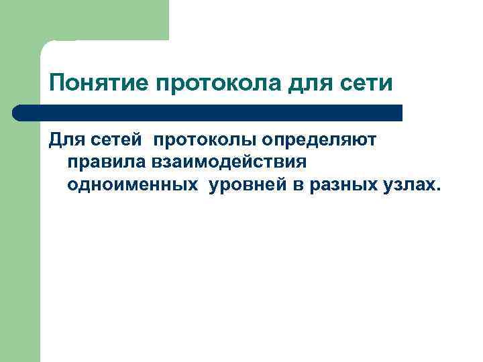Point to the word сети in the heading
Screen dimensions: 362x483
[368, 84]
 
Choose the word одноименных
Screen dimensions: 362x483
[133, 185]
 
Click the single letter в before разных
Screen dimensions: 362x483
[298, 186]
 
